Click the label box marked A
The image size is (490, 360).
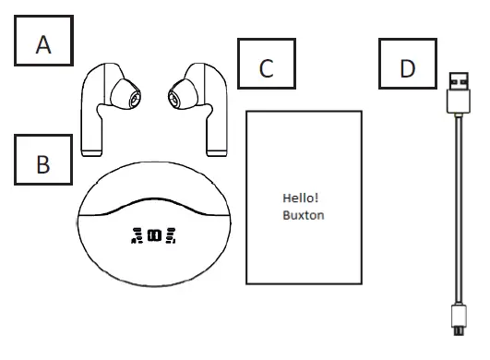pyautogui.click(x=43, y=42)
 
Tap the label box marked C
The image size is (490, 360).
pyautogui.click(x=266, y=66)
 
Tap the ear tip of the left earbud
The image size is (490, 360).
pyautogui.click(x=124, y=93)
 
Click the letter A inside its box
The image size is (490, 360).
pyautogui.click(x=43, y=43)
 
